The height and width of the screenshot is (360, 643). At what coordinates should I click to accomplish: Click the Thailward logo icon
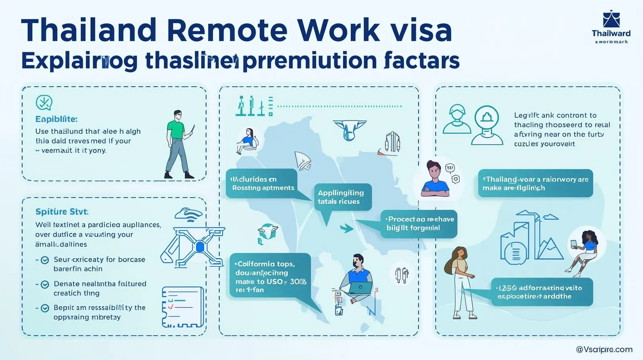click(x=611, y=20)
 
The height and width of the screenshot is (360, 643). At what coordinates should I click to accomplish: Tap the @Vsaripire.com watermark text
click(x=604, y=350)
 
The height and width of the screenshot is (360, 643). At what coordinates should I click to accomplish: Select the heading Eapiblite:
click(x=56, y=119)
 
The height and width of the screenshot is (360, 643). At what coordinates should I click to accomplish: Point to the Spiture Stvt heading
click(x=62, y=212)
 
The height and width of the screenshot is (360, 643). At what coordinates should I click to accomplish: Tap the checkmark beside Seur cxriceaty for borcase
click(x=45, y=260)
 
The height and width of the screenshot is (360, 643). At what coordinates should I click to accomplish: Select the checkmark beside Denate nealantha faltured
click(x=45, y=284)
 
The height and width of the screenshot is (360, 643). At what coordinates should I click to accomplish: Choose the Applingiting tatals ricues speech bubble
click(x=342, y=197)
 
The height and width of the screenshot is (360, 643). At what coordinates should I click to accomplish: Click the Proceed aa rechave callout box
click(x=419, y=223)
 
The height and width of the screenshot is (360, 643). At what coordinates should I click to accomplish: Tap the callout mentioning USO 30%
click(x=270, y=277)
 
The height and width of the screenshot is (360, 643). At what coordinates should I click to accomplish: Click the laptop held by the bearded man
click(x=360, y=287)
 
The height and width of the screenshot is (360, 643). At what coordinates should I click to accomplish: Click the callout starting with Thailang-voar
click(x=535, y=184)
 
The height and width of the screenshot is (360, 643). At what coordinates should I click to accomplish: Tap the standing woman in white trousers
click(x=461, y=281)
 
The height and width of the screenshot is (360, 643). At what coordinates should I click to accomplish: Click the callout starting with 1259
click(x=542, y=292)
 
